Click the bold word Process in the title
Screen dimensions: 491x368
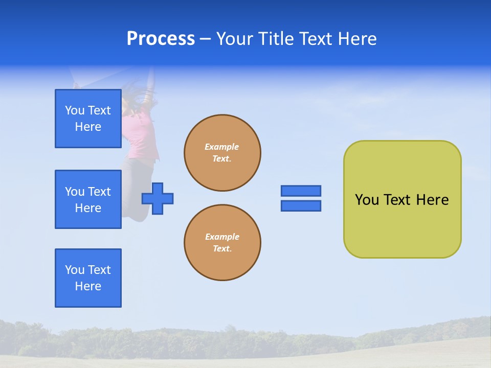pos(161,39)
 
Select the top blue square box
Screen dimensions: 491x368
pos(88,119)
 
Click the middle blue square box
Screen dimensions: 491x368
pos(88,199)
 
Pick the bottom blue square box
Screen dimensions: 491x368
pos(88,278)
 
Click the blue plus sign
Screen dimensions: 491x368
pos(158,199)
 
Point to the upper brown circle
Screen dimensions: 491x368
pos(222,153)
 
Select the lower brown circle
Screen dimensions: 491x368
pos(222,242)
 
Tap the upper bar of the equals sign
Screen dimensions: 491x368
pos(301,191)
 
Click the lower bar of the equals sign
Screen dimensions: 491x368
pos(301,206)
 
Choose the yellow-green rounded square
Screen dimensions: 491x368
pos(403,199)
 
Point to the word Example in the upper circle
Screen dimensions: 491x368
pos(221,147)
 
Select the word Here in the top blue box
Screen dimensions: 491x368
pos(88,127)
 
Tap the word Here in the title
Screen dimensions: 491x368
pos(358,38)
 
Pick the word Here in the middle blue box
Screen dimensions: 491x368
pos(88,208)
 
